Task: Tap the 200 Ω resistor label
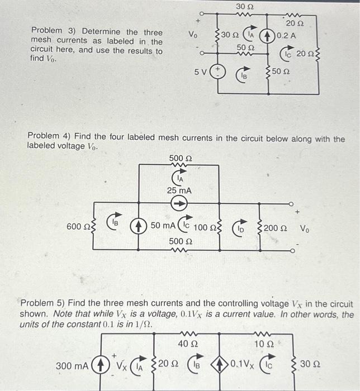point(276,228)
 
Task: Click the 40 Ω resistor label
point(185,343)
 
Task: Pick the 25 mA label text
point(179,190)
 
